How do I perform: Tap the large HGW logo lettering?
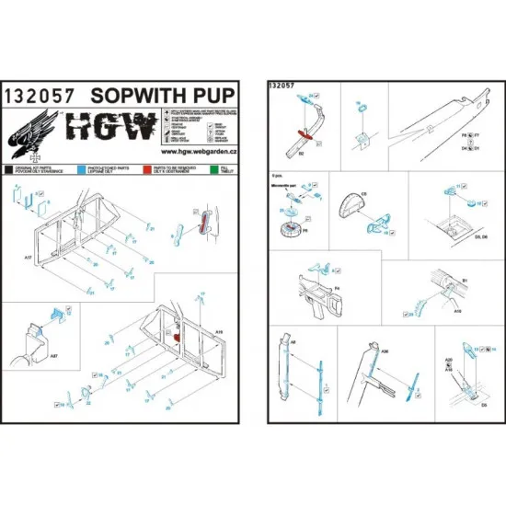96,126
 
